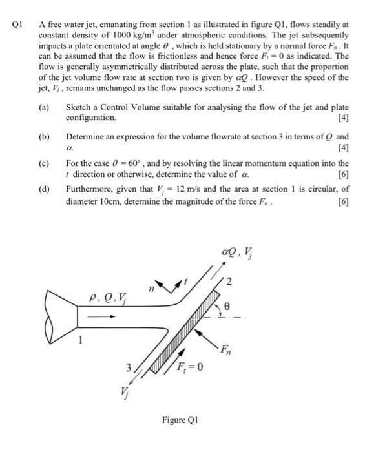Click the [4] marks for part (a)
[x=342, y=118]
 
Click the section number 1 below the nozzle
[x=81, y=342]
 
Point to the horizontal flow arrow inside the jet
[x=103, y=317]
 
